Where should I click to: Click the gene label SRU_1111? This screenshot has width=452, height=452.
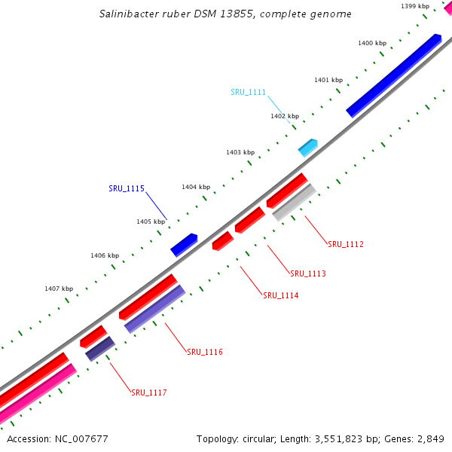248,92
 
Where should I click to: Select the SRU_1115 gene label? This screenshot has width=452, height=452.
127,188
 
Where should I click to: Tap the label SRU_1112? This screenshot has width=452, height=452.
346,244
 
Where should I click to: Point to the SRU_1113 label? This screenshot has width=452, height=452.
308,273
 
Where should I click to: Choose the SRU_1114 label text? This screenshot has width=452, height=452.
281,295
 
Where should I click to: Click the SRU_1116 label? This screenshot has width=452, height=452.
205,352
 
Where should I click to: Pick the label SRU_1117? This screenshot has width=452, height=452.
149,392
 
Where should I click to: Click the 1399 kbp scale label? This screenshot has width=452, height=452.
415,6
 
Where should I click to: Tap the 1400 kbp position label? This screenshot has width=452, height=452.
371,43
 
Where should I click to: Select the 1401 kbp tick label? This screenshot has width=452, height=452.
328,80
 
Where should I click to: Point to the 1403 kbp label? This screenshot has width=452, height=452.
240,152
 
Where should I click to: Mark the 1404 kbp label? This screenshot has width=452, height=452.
195,187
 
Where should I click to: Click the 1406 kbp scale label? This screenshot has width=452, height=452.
105,255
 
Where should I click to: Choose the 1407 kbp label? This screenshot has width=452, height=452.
59,289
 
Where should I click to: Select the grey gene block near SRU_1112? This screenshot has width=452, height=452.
294,202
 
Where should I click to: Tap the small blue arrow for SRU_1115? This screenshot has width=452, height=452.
184,245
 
